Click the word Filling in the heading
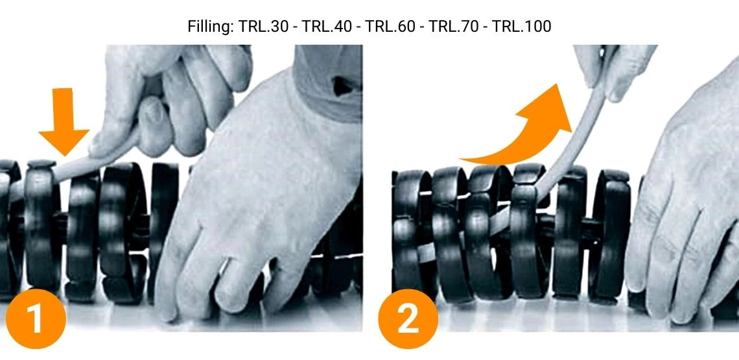205,27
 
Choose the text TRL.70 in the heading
447,27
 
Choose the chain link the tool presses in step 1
41,227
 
